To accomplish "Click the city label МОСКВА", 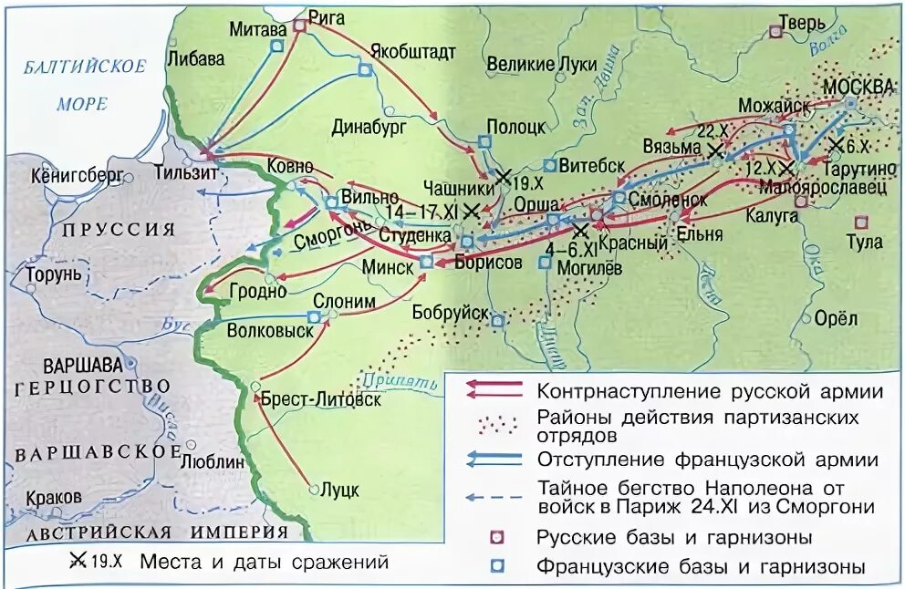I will tap(858, 86).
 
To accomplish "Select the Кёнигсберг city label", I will tap(77, 176).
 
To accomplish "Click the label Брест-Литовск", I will tap(321, 398).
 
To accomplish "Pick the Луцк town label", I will tap(339, 490).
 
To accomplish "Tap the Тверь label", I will tap(803, 23).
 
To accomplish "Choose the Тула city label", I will tap(865, 242).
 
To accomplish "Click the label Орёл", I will tap(836, 318).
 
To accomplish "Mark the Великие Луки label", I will tap(541, 64).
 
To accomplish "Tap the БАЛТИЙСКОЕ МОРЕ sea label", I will tap(84, 86).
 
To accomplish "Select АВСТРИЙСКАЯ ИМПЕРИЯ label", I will tap(157, 533).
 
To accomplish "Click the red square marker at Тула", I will tap(859, 222).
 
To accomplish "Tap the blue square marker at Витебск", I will tap(549, 166).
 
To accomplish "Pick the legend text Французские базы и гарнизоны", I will tap(701, 566).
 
